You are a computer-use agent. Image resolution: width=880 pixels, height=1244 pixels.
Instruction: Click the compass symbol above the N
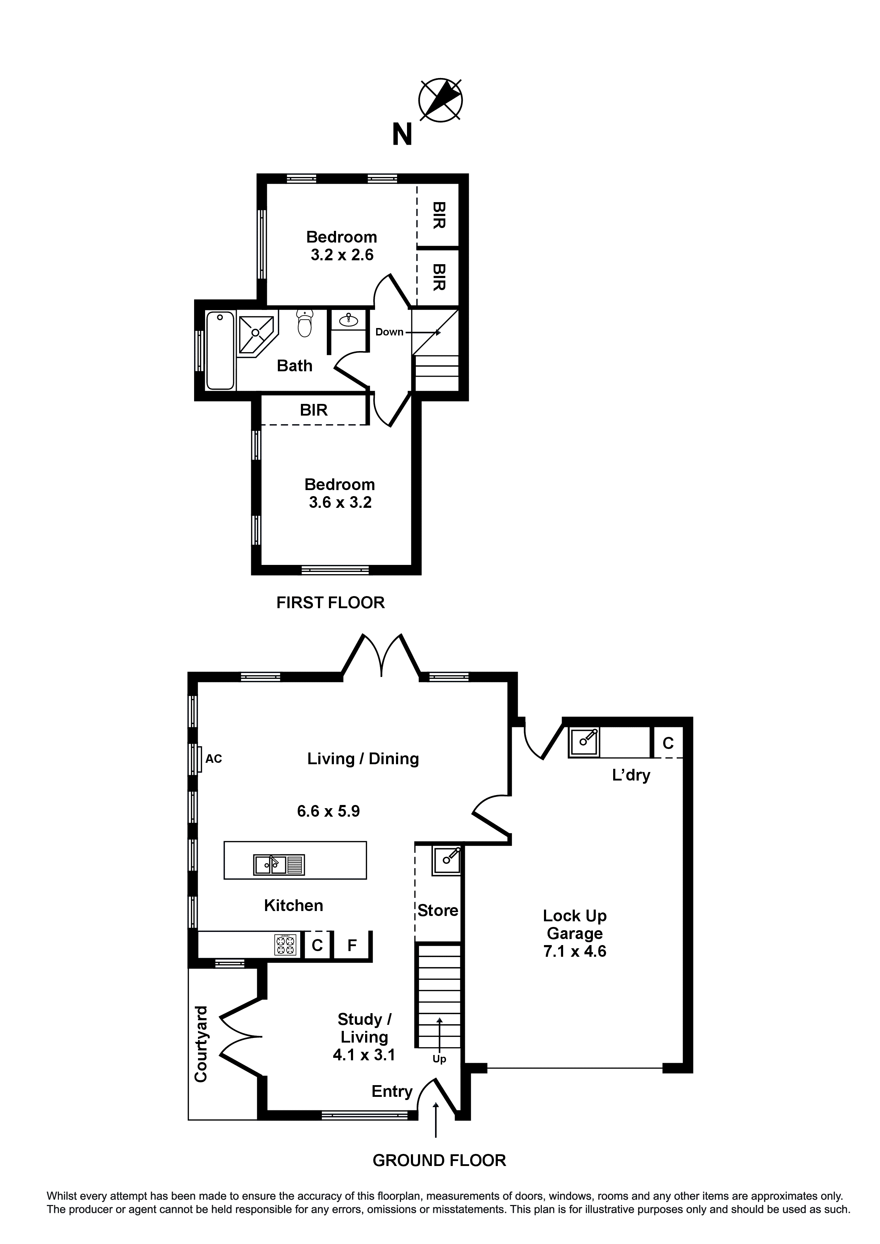pyautogui.click(x=440, y=100)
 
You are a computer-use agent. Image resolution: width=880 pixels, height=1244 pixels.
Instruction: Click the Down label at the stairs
pyautogui.click(x=389, y=332)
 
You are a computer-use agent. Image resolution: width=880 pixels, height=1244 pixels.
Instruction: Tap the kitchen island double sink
pyautogui.click(x=279, y=865)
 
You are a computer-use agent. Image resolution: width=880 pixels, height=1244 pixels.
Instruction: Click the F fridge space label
pyautogui.click(x=352, y=945)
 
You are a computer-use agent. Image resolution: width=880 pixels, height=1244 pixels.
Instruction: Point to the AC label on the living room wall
pyautogui.click(x=214, y=759)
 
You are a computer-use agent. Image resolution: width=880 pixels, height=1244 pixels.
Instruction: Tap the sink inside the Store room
pyautogui.click(x=447, y=861)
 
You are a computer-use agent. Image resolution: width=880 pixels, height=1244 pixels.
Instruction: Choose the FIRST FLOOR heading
pyautogui.click(x=330, y=602)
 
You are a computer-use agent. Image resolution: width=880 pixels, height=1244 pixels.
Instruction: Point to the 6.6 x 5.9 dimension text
pyautogui.click(x=329, y=811)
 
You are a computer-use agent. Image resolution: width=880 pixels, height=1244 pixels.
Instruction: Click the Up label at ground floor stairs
pyautogui.click(x=439, y=1059)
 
